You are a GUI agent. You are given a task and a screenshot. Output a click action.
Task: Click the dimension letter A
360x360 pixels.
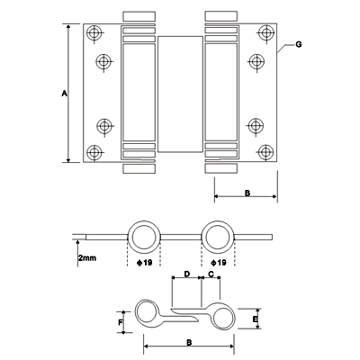tap(64, 94)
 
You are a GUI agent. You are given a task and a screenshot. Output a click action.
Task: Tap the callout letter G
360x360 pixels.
tap(299, 45)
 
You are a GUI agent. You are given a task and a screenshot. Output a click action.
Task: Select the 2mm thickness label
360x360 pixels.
tap(87, 257)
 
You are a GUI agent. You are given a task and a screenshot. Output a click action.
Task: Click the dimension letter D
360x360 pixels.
tap(186, 274)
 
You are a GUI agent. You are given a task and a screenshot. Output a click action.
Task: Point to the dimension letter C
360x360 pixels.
tap(211, 274)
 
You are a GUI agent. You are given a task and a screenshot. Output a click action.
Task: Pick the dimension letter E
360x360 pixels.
tap(255, 319)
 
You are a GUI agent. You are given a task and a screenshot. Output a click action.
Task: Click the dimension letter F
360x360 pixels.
tap(120, 322)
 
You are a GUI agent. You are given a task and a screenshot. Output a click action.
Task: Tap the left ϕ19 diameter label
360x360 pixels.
tap(145, 263)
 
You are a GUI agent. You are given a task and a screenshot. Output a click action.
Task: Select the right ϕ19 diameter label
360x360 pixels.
tap(219, 263)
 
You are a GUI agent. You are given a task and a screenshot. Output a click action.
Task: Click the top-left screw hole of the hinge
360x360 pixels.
tap(94, 32)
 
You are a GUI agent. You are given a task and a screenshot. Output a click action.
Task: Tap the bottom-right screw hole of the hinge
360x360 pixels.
tap(265, 152)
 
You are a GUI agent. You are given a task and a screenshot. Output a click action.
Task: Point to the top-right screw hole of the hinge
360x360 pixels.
tap(265, 32)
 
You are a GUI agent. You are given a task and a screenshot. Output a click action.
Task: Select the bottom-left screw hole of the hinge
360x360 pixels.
tap(94, 152)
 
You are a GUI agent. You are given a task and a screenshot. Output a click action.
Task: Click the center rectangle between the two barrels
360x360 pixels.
tap(180, 94)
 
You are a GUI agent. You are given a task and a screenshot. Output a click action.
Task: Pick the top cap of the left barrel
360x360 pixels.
tap(139, 16)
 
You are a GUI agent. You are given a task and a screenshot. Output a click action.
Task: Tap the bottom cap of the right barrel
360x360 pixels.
tap(221, 168)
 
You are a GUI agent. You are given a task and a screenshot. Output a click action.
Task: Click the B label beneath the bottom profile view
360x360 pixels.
tap(189, 342)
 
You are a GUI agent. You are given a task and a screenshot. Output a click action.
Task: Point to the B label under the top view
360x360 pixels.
tap(247, 193)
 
